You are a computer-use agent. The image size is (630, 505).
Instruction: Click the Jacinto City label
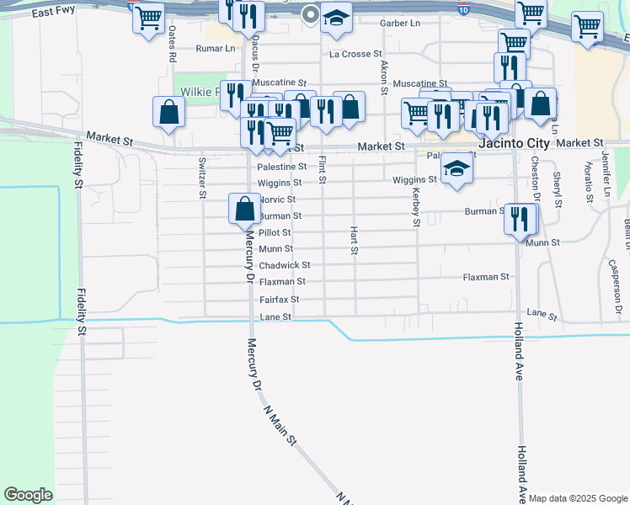[514, 144]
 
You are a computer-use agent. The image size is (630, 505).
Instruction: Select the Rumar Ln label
[216, 49]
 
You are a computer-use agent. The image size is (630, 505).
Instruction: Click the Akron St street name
[384, 77]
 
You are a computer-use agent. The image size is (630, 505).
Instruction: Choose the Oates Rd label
[172, 45]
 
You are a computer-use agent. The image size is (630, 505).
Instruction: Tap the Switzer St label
[202, 178]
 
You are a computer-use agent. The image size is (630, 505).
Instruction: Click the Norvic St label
[277, 199]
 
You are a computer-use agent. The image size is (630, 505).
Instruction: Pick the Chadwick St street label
[285, 265]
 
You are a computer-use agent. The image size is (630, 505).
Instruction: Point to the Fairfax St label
[279, 299]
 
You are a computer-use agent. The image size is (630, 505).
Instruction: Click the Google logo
[28, 495]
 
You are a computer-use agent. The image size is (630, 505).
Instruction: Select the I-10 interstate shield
[464, 9]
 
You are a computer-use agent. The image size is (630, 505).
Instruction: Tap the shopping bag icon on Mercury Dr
[244, 208]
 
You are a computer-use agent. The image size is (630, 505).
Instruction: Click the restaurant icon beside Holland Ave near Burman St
[521, 219]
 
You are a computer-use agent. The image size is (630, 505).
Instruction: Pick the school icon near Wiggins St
[456, 169]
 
